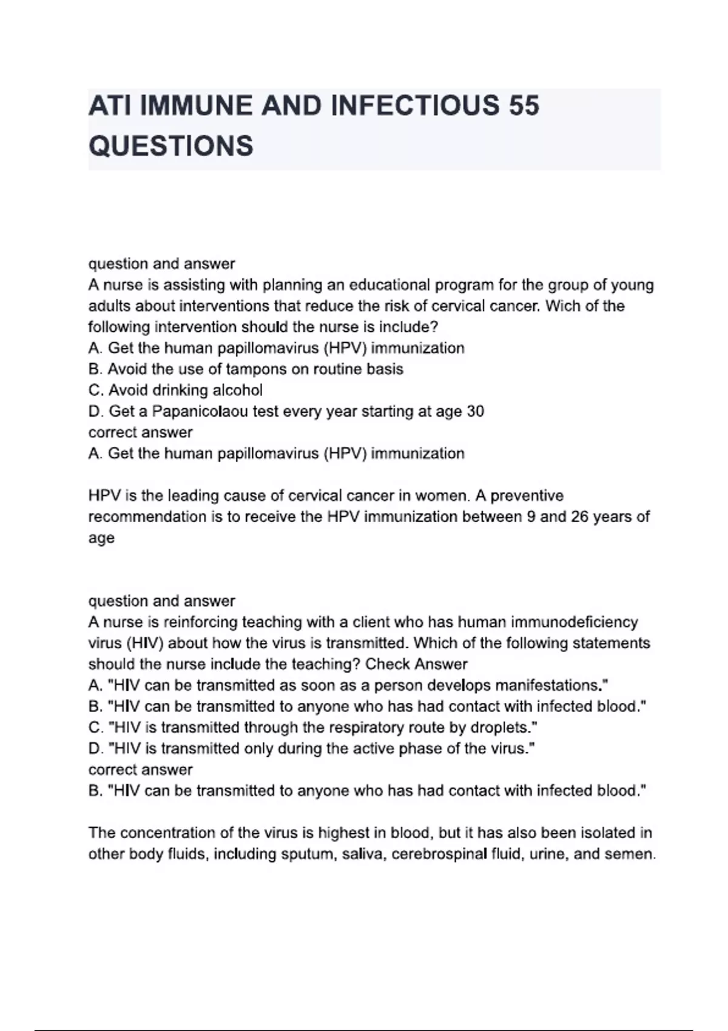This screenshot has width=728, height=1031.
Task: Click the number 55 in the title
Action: (x=524, y=106)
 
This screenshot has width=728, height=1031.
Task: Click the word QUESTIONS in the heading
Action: (x=171, y=146)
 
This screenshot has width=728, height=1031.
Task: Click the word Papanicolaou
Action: (x=200, y=412)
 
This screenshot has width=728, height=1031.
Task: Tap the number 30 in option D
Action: (x=475, y=412)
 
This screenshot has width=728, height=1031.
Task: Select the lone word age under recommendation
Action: (x=101, y=539)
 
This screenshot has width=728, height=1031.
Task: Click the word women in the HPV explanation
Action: (x=441, y=496)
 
